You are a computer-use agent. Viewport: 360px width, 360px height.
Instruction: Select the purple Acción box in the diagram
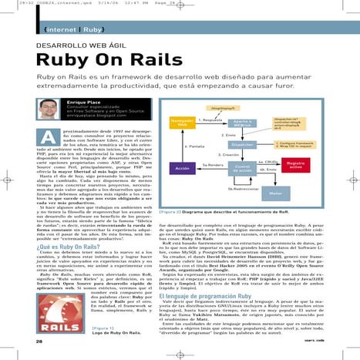182,167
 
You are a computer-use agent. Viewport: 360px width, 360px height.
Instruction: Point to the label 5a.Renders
213,164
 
